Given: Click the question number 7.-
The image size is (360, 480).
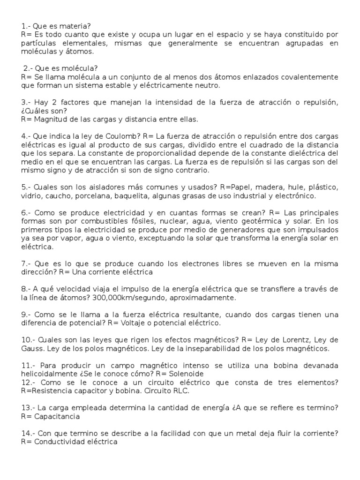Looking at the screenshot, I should click(27, 263).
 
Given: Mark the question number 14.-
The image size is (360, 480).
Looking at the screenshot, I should click(29, 433).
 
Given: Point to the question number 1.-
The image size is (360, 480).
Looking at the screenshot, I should click(27, 26).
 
